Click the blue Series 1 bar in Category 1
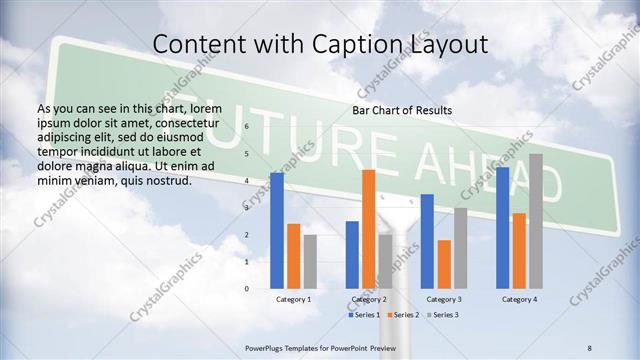coord(277,230)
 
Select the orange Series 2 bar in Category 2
coord(368,229)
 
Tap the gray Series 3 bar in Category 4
coord(536,221)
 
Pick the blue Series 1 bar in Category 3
coord(427,241)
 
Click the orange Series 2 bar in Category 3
coord(443,264)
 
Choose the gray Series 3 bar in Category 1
coord(310,261)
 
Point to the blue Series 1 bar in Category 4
coord(502,227)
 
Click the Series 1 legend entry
coord(364,315)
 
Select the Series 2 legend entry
coord(402,315)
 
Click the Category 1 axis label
coord(293,299)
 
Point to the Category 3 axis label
coord(443,299)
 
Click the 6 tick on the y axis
coord(246,128)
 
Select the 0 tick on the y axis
coord(246,289)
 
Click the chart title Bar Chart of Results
coord(402,109)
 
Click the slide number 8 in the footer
coord(589,346)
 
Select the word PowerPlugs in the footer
coord(267,346)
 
